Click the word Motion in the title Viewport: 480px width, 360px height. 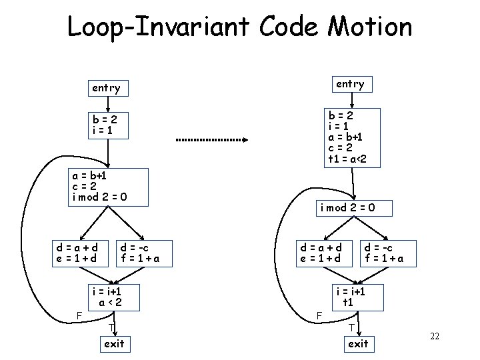pyautogui.click(x=370, y=27)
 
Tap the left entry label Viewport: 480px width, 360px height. pyautogui.click(x=106, y=87)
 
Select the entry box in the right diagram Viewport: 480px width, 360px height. pyautogui.click(x=350, y=84)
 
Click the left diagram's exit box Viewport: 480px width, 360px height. pyautogui.click(x=113, y=344)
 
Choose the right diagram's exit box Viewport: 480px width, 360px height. pyautogui.click(x=358, y=344)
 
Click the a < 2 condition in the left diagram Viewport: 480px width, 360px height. pyautogui.click(x=110, y=302)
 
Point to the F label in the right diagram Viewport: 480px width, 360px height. pyautogui.click(x=319, y=314)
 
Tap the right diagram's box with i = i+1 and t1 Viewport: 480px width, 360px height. pyautogui.click(x=349, y=297)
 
